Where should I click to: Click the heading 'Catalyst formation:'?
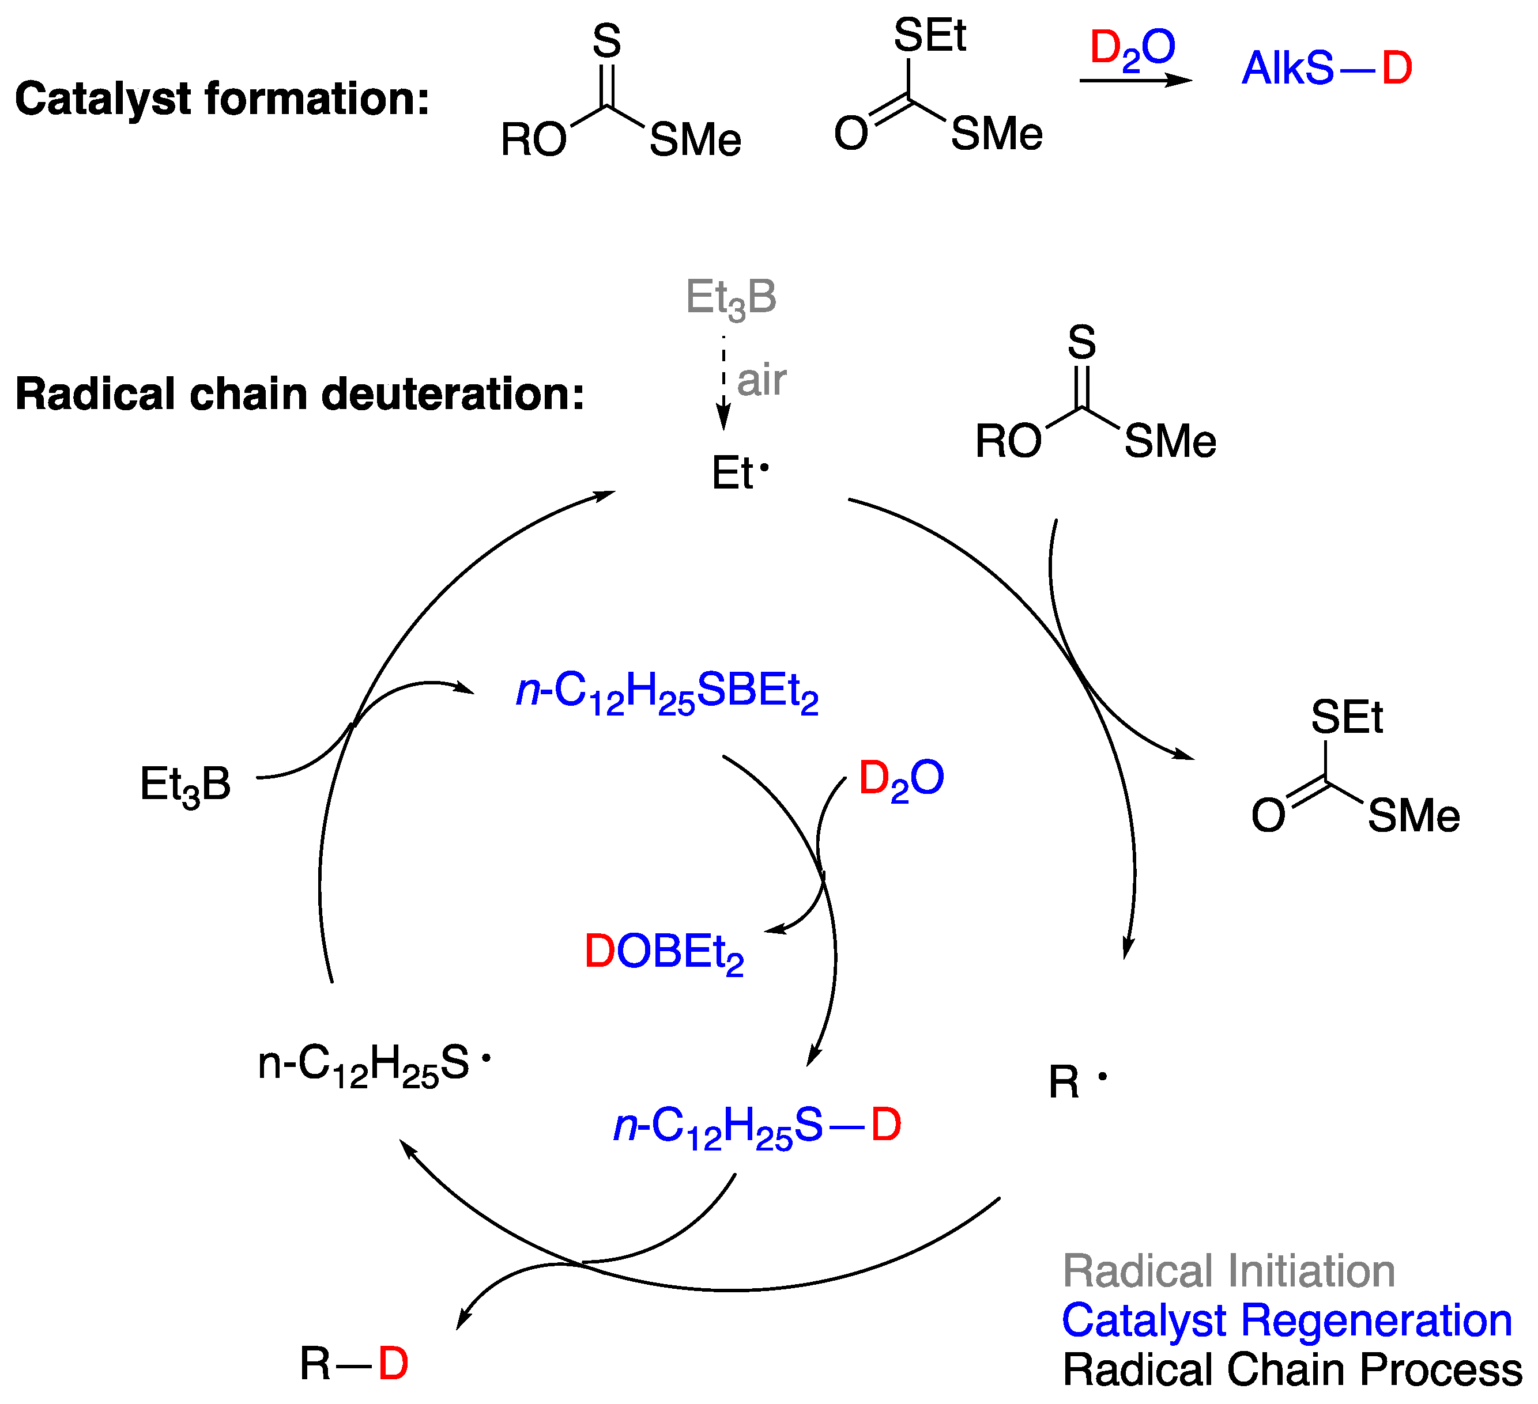tap(222, 100)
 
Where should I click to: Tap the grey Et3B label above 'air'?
tap(731, 298)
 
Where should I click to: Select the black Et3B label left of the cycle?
tap(186, 785)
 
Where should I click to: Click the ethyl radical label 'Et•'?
tap(739, 473)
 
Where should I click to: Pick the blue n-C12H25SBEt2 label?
tap(668, 692)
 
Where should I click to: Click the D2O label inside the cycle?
tap(901, 779)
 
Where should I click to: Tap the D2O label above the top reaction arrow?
tap(1132, 49)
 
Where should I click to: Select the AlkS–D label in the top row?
tap(1326, 69)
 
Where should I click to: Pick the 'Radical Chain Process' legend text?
tap(1292, 1369)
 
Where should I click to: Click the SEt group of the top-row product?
tap(929, 35)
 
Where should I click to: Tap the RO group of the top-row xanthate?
tap(533, 141)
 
